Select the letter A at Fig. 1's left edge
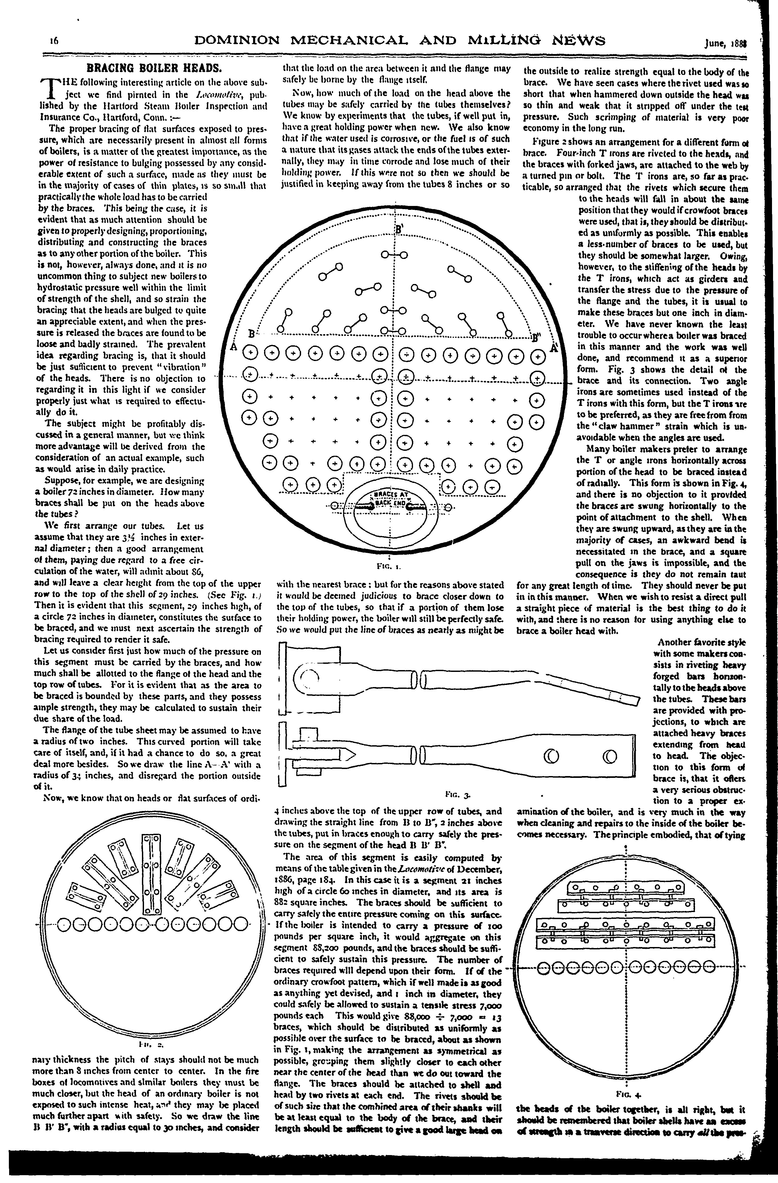coord(232,345)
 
